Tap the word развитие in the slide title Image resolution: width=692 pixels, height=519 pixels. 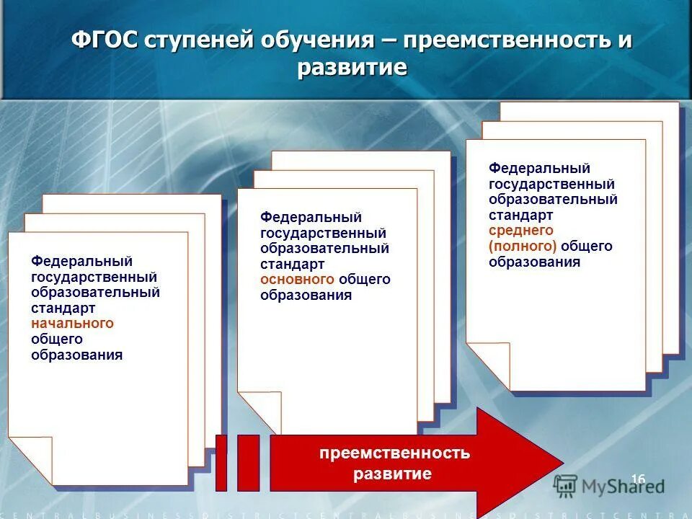point(352,68)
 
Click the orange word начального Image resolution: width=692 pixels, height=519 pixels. point(72,324)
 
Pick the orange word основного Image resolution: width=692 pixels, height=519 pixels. point(297,279)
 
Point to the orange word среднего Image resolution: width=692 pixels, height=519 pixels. point(520,231)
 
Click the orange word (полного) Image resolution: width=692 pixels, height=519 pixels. point(523,247)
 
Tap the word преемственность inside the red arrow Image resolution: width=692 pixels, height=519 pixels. point(394,453)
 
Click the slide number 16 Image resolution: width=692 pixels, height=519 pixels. point(637,479)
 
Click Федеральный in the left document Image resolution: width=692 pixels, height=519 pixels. point(81,261)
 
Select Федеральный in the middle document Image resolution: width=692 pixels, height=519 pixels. point(311,217)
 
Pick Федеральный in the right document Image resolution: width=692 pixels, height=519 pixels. point(540,168)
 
